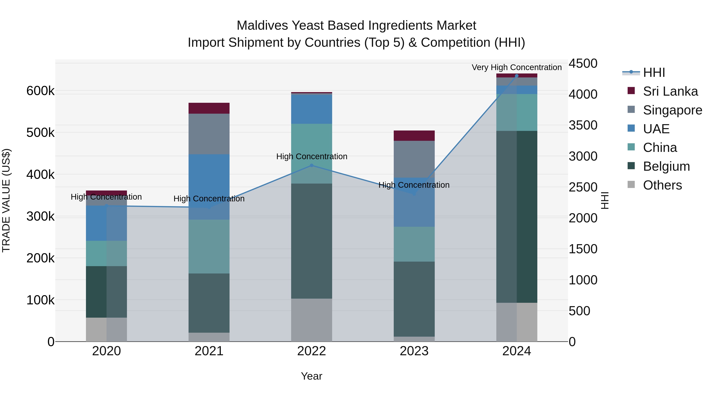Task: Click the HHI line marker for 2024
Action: (517, 76)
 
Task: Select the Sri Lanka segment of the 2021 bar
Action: (209, 108)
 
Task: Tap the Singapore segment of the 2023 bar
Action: (414, 159)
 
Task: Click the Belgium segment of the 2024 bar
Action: (517, 217)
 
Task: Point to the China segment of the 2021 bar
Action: (209, 247)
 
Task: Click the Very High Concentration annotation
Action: (517, 68)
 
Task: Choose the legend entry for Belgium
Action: (666, 167)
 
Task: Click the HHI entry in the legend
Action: (654, 72)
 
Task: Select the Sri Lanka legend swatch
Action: (631, 91)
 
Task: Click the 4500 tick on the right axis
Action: (583, 64)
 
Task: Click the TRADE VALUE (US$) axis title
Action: (6, 200)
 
